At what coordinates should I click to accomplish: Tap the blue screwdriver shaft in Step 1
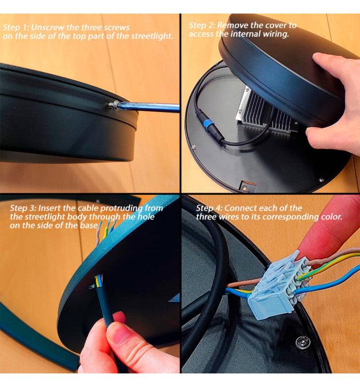pos(148,107)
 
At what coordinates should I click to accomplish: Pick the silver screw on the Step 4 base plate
pos(303,342)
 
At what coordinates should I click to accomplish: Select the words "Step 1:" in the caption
pos(16,27)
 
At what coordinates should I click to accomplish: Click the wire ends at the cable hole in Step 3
pos(99,281)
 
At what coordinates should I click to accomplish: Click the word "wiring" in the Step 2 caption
pos(275,34)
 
